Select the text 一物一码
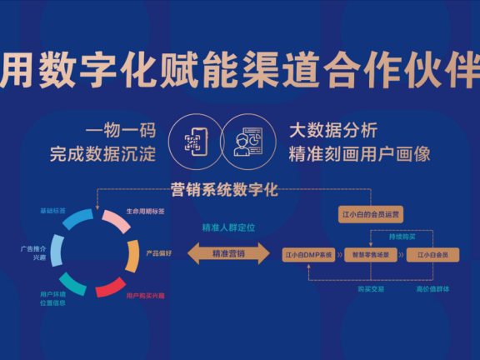point(120,131)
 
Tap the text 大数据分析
point(333,131)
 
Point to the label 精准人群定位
point(228,226)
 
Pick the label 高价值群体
point(432,288)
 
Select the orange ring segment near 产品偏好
point(132,255)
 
